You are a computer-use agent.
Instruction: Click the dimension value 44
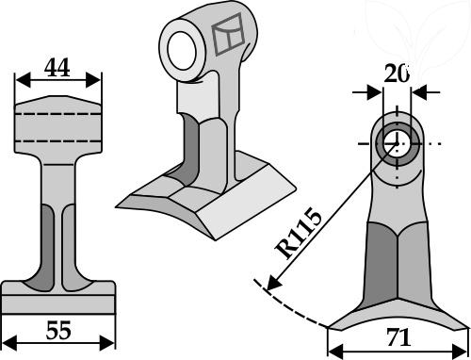(x=57, y=68)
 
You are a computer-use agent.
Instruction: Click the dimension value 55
(x=58, y=330)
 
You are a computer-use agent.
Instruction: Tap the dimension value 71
(x=398, y=337)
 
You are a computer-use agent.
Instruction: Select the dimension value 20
(x=397, y=74)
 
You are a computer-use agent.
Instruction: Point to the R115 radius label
(x=299, y=233)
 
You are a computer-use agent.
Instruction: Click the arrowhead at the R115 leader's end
(x=272, y=283)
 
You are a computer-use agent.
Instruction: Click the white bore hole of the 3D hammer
(x=182, y=50)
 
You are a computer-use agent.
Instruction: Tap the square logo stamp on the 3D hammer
(x=228, y=34)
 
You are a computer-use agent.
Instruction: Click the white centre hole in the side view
(x=398, y=143)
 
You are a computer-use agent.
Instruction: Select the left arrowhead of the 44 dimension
(x=23, y=80)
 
